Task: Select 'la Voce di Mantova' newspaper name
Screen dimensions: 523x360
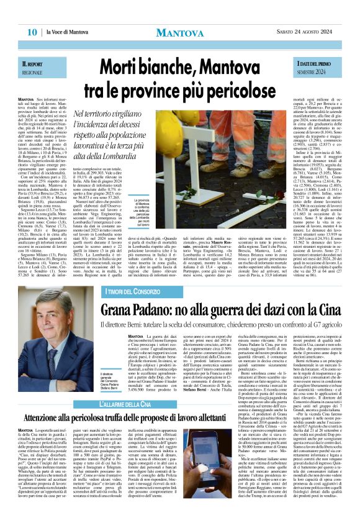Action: [69, 32]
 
